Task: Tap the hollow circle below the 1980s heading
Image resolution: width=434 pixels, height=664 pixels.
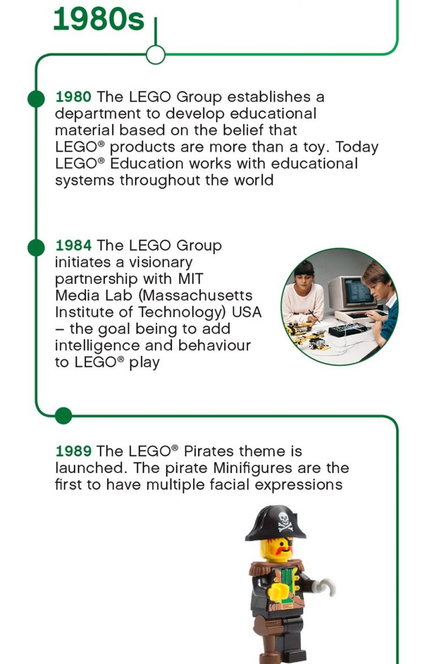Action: (155, 55)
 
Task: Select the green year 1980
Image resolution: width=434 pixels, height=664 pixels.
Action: (73, 97)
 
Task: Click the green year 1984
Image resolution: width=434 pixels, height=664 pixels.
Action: (73, 246)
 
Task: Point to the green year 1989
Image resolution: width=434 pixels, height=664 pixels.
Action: (73, 452)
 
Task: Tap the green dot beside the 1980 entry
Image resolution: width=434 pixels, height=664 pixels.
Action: (36, 98)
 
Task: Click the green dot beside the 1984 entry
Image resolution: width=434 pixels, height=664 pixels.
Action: (36, 247)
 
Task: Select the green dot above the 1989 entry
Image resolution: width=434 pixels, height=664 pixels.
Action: (63, 416)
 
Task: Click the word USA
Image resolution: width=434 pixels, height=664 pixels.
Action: (246, 312)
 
